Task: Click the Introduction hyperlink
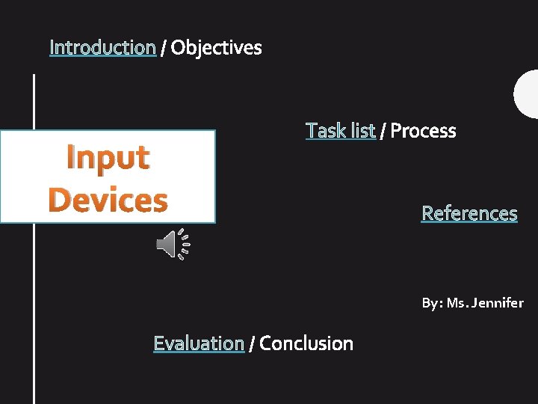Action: click(102, 48)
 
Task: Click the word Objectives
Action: click(216, 48)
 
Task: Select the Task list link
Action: click(340, 131)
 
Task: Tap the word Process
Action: click(423, 131)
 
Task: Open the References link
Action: click(469, 213)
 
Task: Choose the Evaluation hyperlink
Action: click(199, 343)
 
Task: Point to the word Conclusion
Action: click(306, 343)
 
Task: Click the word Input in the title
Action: click(108, 157)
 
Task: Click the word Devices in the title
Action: click(108, 200)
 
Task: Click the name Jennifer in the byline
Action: click(497, 303)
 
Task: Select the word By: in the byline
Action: click(432, 303)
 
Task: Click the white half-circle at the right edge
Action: click(528, 94)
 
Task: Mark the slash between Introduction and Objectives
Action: click(163, 49)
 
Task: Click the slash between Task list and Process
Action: click(383, 132)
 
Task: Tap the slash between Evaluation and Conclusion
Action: click(252, 344)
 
